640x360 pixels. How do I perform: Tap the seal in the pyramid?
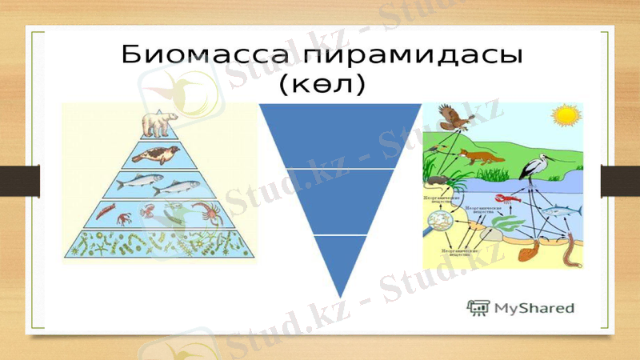click(158, 154)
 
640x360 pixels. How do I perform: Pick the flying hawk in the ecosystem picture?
click(454, 118)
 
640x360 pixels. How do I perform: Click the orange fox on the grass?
click(484, 155)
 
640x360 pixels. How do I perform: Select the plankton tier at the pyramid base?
click(160, 243)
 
